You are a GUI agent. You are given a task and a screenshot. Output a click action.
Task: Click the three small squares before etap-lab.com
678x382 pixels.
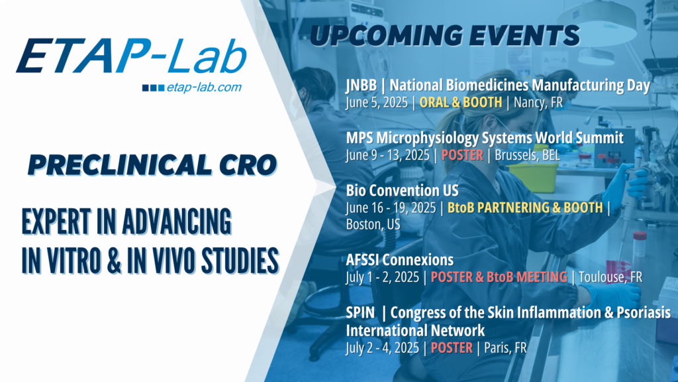coord(154,88)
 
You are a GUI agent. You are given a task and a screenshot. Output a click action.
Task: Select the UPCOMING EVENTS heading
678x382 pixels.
coord(444,34)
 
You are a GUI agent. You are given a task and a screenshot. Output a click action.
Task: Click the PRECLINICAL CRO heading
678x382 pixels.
coord(152,164)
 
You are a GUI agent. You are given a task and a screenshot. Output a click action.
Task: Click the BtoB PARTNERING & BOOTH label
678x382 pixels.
coord(524,208)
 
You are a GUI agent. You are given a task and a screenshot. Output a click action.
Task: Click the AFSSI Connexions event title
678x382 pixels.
coord(400,260)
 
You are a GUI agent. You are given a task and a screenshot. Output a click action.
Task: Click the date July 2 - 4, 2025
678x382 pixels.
coord(385,347)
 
